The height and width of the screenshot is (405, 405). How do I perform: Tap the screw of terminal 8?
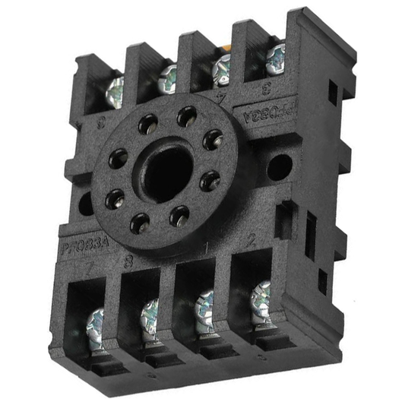[x=150, y=313]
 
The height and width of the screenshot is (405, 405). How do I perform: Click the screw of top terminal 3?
[x=276, y=55]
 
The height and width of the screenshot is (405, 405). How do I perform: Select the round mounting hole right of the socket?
[x=277, y=166]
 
